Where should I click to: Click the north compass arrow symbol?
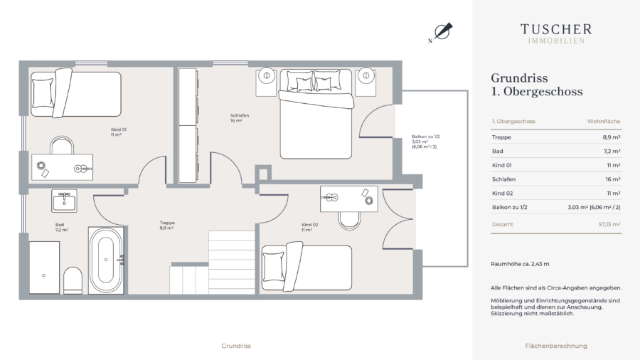coord(442,31)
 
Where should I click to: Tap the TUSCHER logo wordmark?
coord(556,29)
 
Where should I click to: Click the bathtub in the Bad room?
coord(106,260)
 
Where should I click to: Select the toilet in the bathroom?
coord(73,280)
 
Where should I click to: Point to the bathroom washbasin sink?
coord(64,201)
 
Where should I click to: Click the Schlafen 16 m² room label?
coord(240,118)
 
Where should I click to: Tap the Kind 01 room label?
coord(119,132)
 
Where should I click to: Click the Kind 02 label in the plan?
coord(310,228)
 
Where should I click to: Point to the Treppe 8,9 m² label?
coord(167,226)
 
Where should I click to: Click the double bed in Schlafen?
coord(316,114)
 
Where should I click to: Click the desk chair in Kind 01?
coord(62,145)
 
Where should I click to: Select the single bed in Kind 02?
coord(306,267)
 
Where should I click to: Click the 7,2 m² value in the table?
coord(612,151)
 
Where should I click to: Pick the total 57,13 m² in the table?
coord(609,224)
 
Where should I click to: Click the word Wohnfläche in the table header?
coord(604,121)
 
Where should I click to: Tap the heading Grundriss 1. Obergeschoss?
coord(537,85)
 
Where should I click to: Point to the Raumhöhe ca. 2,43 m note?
coord(520,264)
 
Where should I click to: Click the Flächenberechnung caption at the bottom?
coord(556,346)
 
